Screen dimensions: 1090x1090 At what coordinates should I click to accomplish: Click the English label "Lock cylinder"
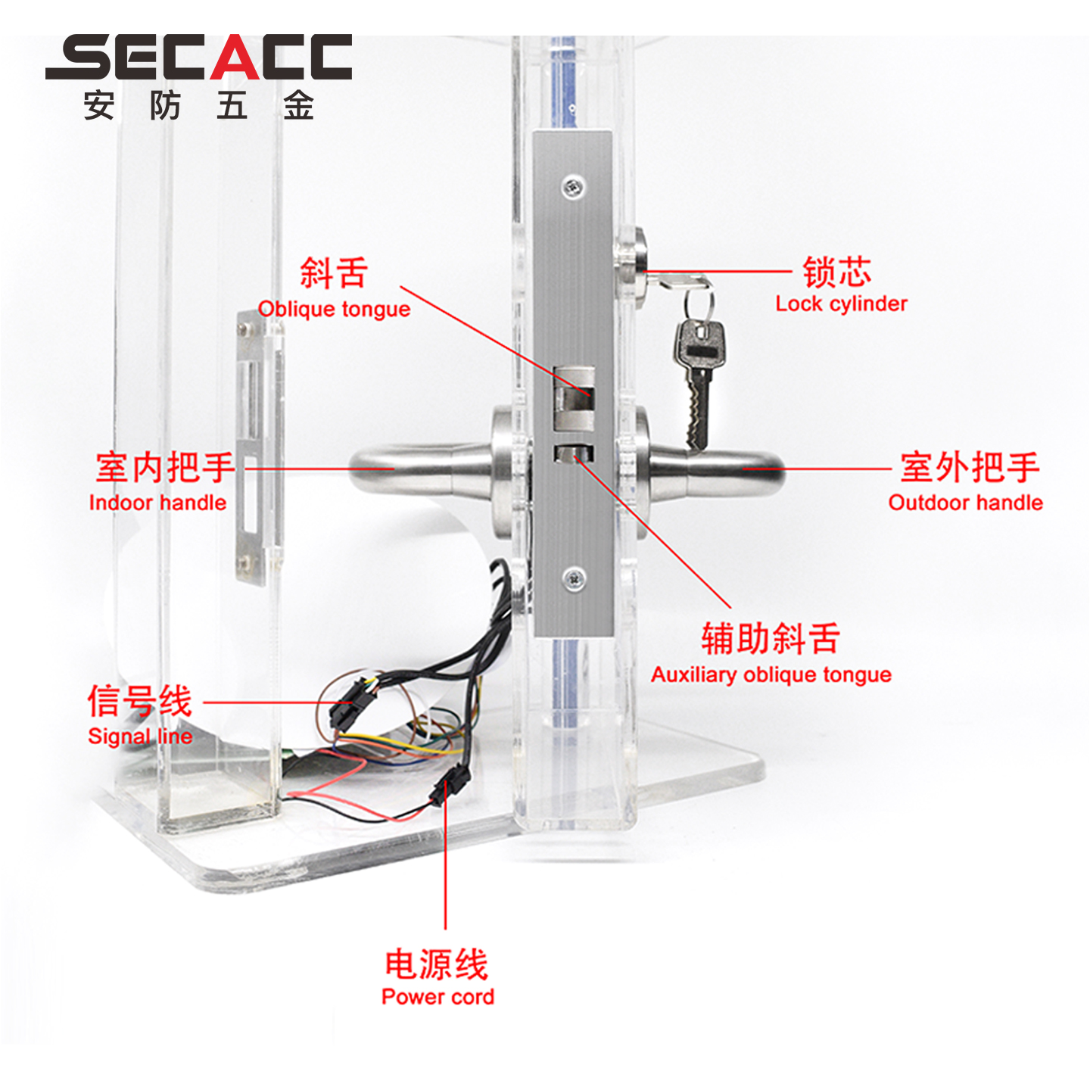pyautogui.click(x=840, y=304)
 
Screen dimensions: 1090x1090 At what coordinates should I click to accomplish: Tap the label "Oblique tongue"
pyautogui.click(x=334, y=310)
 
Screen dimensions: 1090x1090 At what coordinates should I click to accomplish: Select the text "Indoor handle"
pyautogui.click(x=157, y=503)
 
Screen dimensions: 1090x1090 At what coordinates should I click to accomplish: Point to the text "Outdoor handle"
pyautogui.click(x=965, y=503)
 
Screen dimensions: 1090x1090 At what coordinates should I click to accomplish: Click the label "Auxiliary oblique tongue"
pyautogui.click(x=771, y=674)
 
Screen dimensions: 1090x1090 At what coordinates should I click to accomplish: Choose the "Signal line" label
pyautogui.click(x=140, y=737)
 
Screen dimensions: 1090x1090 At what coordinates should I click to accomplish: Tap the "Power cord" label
pyautogui.click(x=438, y=996)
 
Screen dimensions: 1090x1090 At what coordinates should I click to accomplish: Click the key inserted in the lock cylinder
pyautogui.click(x=677, y=281)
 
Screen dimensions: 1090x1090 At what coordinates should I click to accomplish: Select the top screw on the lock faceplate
pyautogui.click(x=574, y=186)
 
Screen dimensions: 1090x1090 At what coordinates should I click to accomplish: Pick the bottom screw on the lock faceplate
pyautogui.click(x=574, y=578)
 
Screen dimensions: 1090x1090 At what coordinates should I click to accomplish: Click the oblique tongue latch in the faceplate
pyautogui.click(x=574, y=395)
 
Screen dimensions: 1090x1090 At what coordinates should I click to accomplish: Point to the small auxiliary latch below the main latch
pyautogui.click(x=574, y=453)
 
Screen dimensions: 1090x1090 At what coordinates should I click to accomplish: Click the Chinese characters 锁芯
pyautogui.click(x=837, y=272)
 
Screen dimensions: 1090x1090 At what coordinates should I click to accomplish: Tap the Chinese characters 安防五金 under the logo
pyautogui.click(x=198, y=105)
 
